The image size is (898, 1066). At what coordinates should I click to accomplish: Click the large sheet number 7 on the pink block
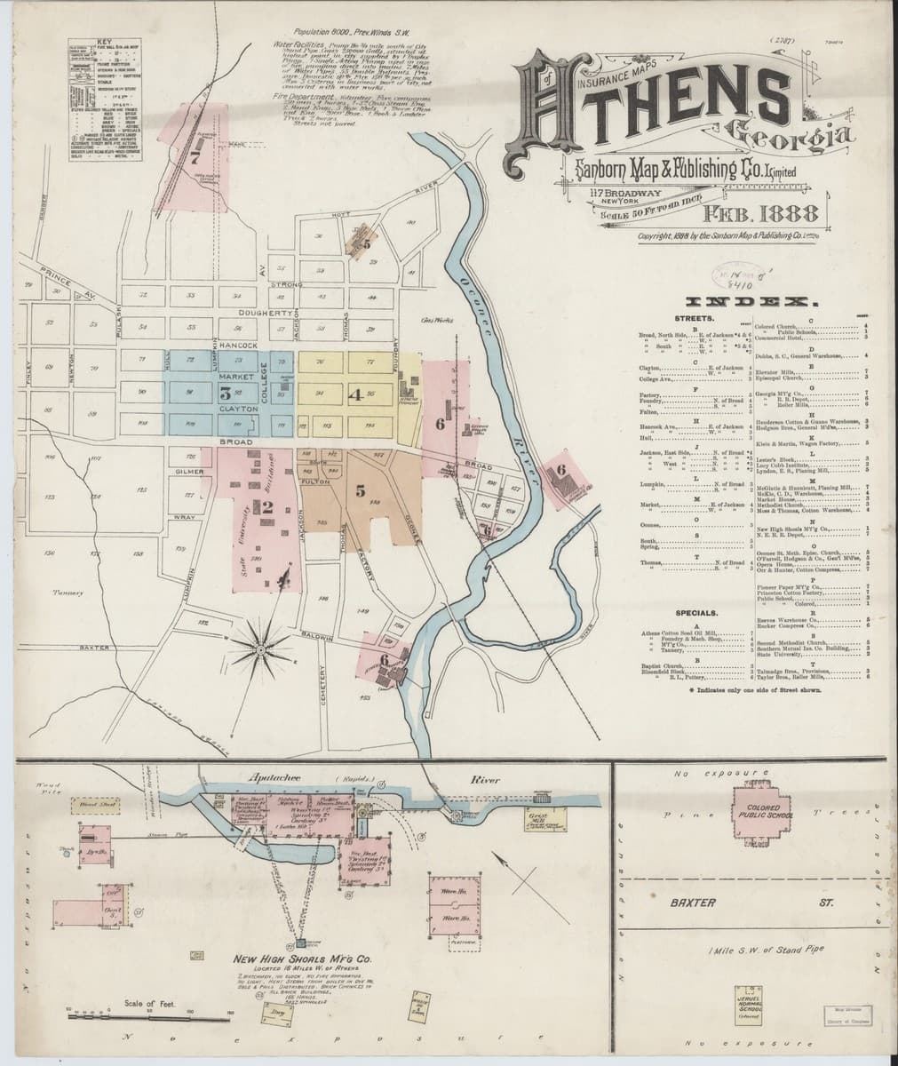click(x=194, y=147)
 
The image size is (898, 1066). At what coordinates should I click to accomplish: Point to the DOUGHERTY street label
click(x=264, y=314)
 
